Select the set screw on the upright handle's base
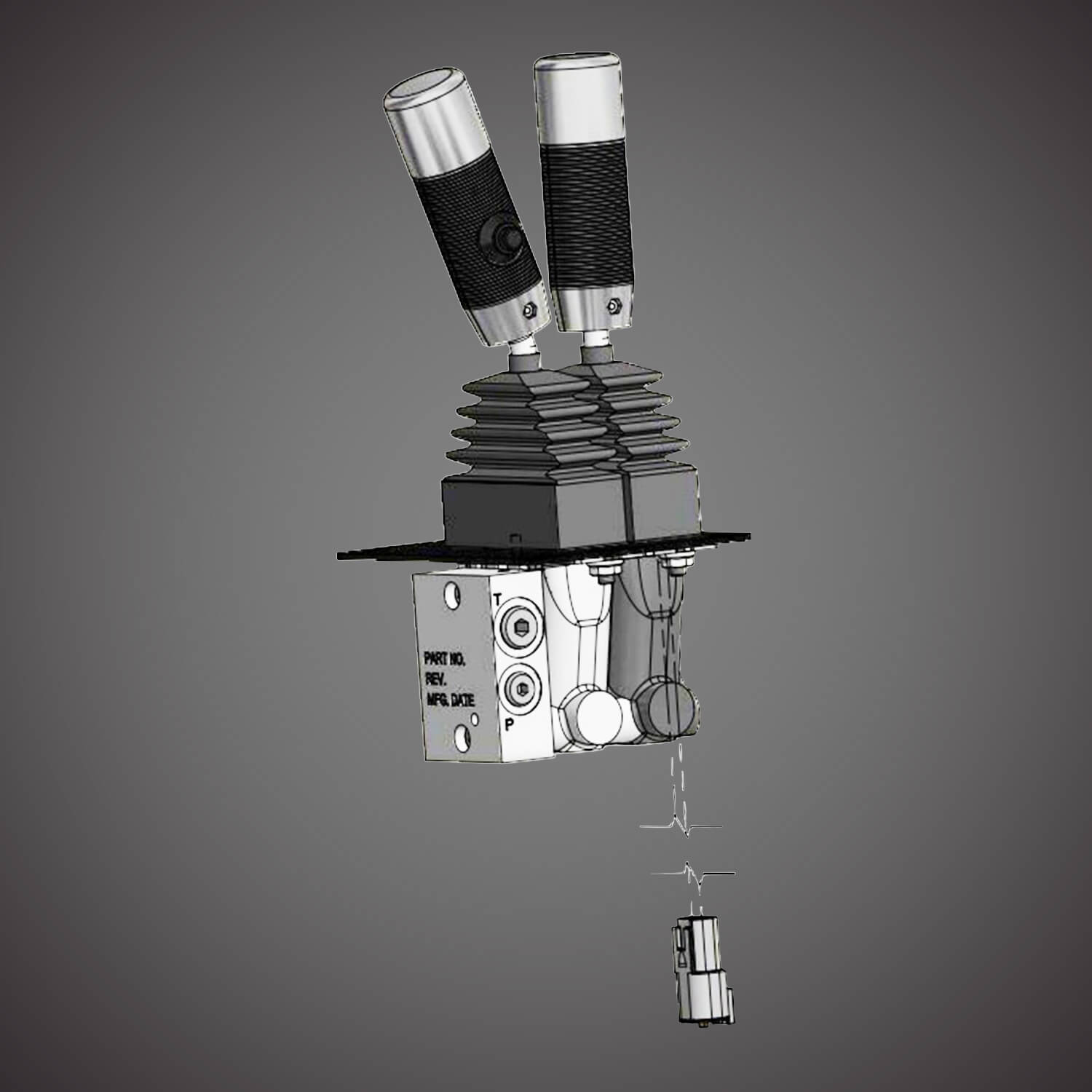point(614,306)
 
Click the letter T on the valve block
point(499,599)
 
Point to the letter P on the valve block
point(510,724)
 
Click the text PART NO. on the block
point(444,660)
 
